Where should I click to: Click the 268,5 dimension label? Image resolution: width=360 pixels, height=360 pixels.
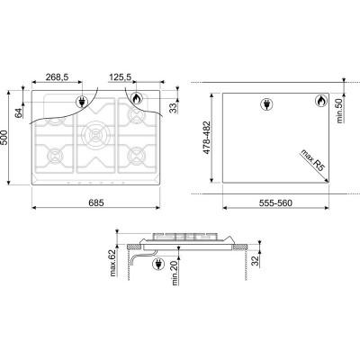tap(57, 77)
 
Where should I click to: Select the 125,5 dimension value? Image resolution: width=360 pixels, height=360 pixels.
tap(120, 77)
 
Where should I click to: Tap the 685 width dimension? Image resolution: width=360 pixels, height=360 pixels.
tap(96, 202)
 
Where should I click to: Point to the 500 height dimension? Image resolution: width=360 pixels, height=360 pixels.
tap(4, 138)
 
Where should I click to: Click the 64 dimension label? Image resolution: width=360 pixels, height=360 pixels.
tap(19, 113)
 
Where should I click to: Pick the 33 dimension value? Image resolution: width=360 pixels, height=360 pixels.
tap(173, 108)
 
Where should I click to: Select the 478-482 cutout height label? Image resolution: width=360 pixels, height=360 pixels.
tap(207, 138)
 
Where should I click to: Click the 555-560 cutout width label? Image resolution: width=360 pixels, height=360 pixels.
tap(275, 203)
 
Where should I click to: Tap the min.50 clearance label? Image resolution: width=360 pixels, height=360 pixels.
tap(339, 111)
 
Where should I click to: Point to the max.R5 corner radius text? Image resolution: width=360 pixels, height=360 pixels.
tap(312, 160)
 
